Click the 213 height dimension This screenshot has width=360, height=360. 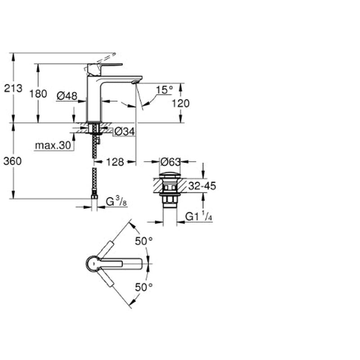(x=13, y=88)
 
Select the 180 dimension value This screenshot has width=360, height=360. (x=38, y=94)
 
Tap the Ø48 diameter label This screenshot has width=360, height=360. (x=67, y=96)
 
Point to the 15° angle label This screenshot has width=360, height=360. (x=164, y=90)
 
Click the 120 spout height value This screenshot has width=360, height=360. (x=181, y=103)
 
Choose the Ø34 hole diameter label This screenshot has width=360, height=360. (x=125, y=132)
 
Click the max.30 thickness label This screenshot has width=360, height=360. (x=53, y=145)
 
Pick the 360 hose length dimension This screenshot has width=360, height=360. (x=13, y=161)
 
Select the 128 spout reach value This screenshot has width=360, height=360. (x=115, y=162)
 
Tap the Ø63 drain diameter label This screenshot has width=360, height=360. (x=171, y=162)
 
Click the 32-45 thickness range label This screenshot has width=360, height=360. (x=202, y=186)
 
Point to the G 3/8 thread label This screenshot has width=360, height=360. (x=116, y=202)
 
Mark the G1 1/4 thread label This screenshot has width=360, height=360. (x=198, y=216)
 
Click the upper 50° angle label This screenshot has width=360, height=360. (x=144, y=241)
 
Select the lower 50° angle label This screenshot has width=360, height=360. (x=144, y=287)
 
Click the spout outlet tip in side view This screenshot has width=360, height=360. (x=136, y=82)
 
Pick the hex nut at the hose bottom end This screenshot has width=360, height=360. (x=94, y=197)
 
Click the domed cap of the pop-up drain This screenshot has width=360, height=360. (x=170, y=175)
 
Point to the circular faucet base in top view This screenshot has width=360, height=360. (x=93, y=264)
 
